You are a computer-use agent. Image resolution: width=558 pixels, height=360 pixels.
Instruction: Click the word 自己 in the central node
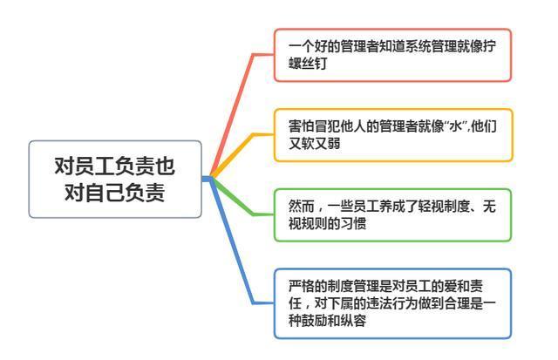coord(105,193)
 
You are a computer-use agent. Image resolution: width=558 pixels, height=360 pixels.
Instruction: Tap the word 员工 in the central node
coord(94,166)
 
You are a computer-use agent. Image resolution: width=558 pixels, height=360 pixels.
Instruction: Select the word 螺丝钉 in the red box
coord(308,64)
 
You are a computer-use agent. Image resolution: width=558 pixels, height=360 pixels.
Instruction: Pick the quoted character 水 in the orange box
coord(456,126)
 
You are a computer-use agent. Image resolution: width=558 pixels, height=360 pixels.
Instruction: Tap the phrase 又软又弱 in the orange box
coord(314,144)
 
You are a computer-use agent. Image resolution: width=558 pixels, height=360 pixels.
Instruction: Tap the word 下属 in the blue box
coord(340,303)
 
